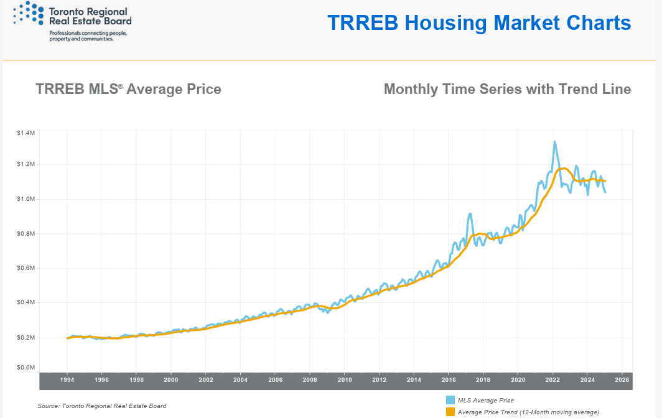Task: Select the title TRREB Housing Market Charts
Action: tap(478, 23)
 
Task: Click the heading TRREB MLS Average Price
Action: tap(128, 89)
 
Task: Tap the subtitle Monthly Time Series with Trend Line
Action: tap(507, 89)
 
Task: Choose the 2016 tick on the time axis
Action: tap(449, 379)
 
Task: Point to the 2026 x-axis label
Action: tap(622, 379)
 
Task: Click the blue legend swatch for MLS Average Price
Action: tap(450, 400)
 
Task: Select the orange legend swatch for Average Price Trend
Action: tap(450, 412)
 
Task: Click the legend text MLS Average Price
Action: tap(486, 400)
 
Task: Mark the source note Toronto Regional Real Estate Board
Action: tap(102, 406)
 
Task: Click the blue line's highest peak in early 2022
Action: tap(554, 142)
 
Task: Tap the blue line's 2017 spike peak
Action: tap(470, 214)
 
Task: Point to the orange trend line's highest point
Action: tap(564, 168)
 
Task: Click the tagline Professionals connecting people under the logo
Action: tap(88, 35)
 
